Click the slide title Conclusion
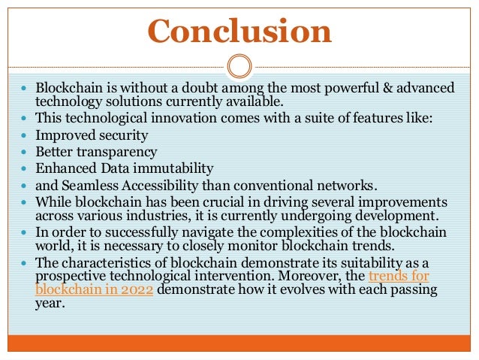(239, 31)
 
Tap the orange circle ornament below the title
(239, 66)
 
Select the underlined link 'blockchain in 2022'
(95, 290)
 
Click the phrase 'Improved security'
(92, 135)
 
